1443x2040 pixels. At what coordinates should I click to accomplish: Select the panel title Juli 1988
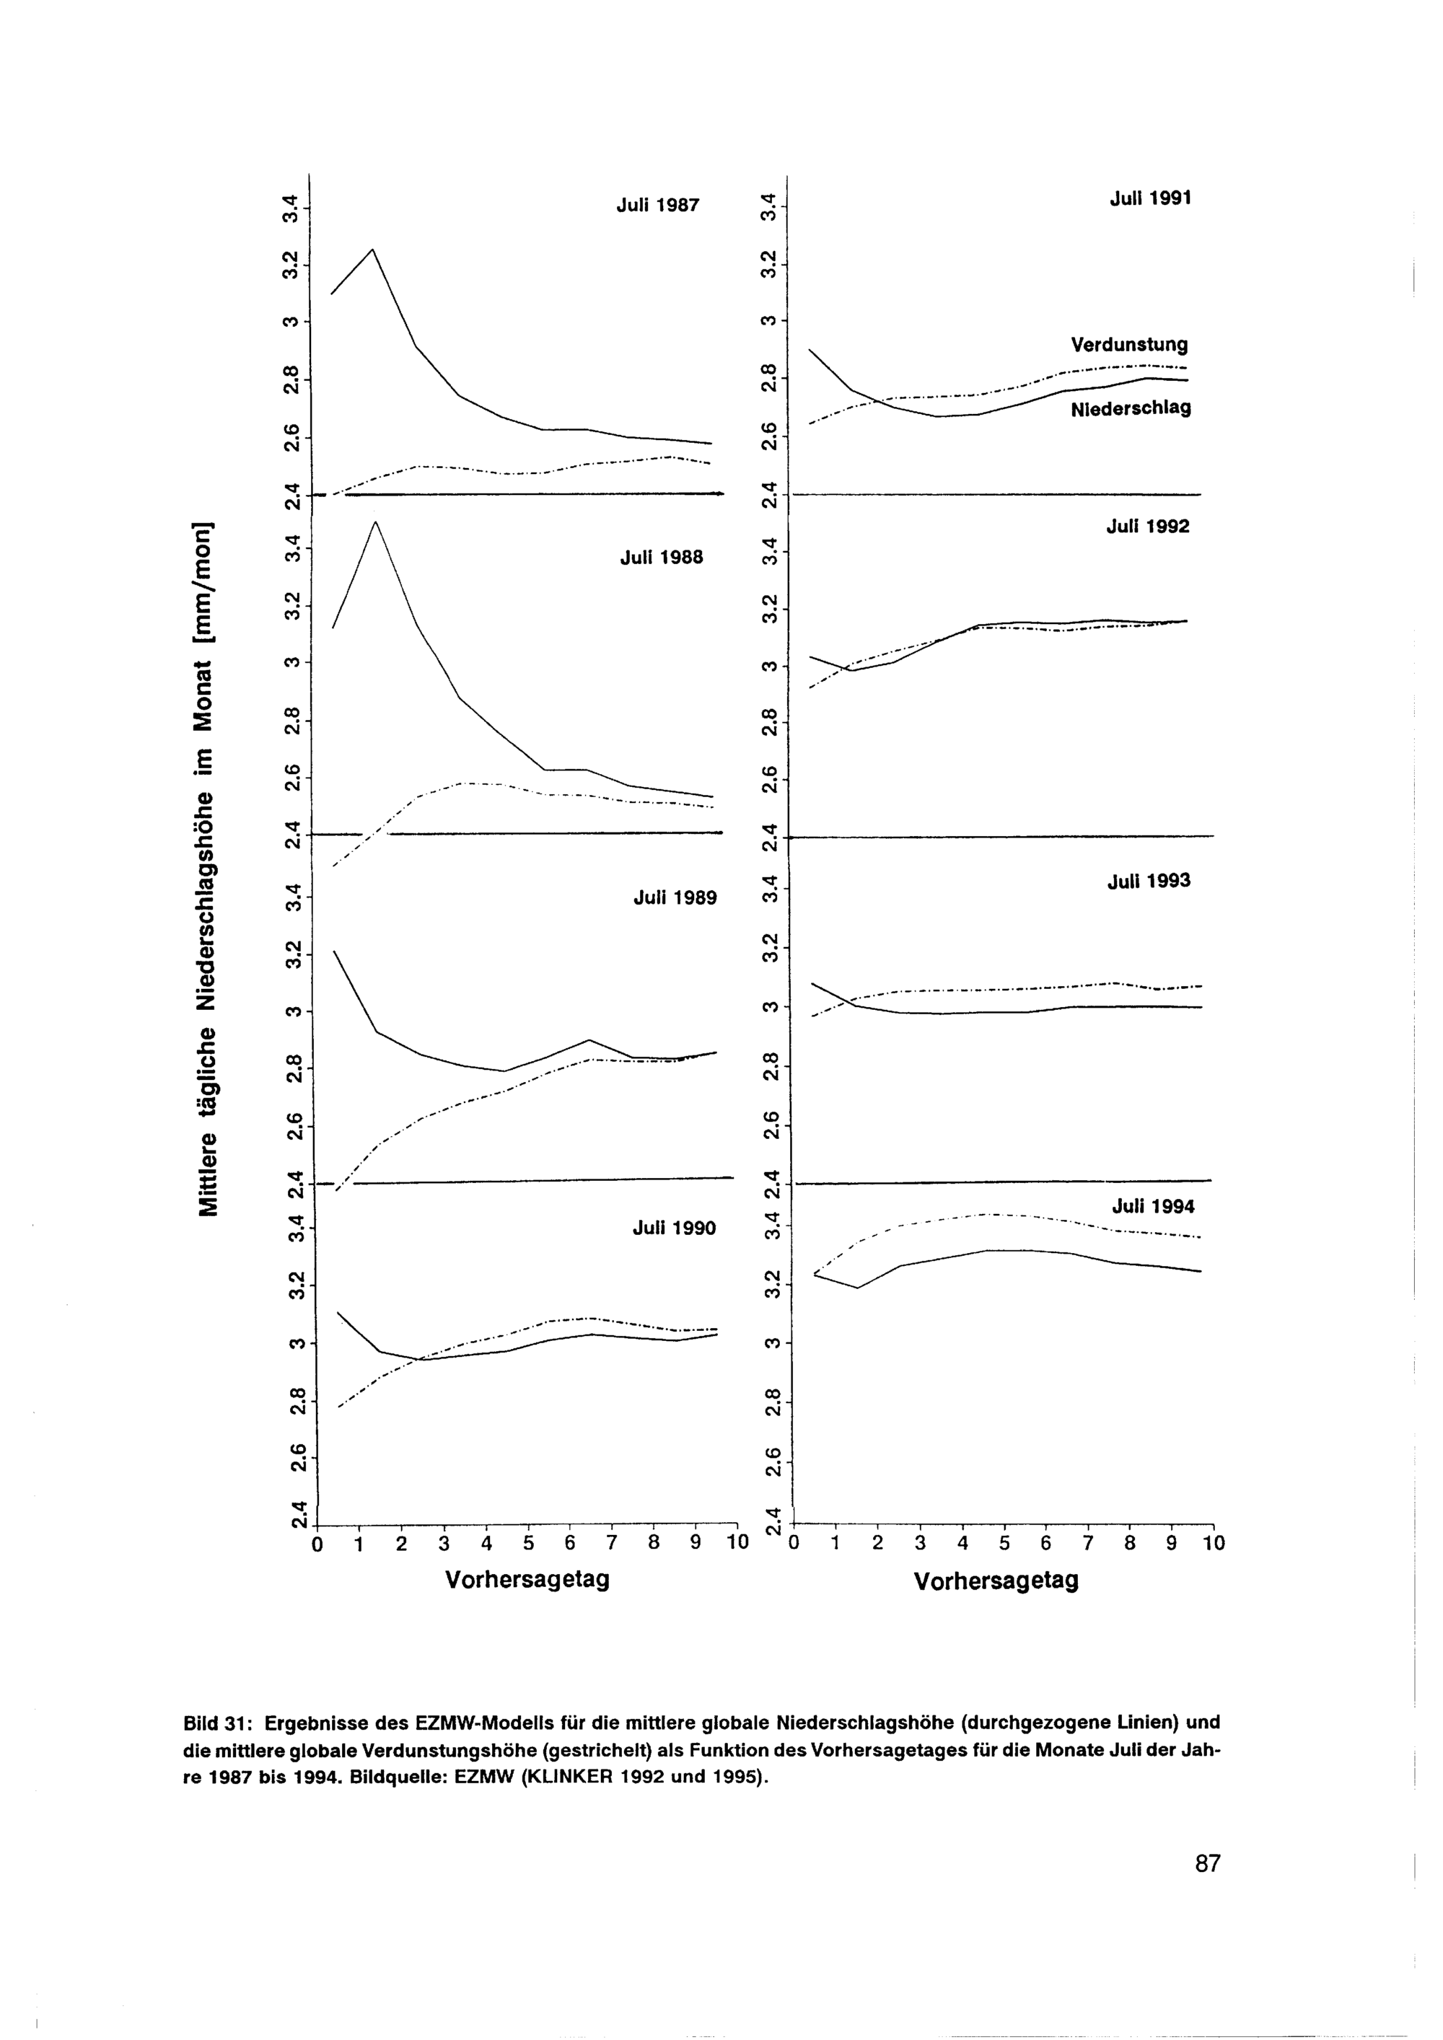[x=661, y=557]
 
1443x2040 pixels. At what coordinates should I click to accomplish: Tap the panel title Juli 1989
[x=675, y=897]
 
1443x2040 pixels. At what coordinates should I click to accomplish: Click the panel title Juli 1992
[x=1147, y=526]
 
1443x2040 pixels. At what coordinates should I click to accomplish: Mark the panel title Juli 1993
[x=1148, y=881]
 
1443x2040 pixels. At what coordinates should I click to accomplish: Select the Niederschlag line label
[x=1131, y=409]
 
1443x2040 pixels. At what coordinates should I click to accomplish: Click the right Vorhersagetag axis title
[x=996, y=1580]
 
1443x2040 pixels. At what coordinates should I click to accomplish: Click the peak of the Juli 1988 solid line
[x=375, y=522]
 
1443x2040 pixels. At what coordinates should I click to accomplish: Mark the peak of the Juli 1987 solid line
[x=372, y=250]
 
